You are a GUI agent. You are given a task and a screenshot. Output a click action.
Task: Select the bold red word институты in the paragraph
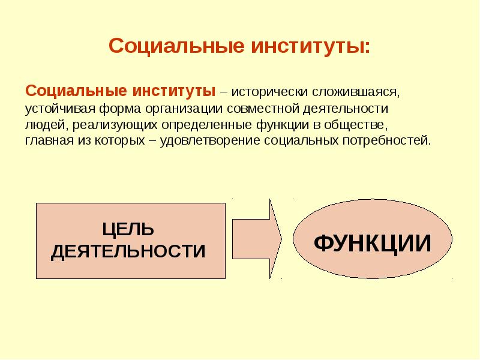(x=174, y=91)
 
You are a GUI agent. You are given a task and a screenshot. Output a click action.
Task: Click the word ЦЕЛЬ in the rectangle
(x=128, y=229)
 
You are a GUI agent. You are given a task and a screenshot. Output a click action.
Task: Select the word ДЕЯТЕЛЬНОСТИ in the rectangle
(x=128, y=251)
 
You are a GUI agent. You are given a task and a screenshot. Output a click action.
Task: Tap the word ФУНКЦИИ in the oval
(x=373, y=243)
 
